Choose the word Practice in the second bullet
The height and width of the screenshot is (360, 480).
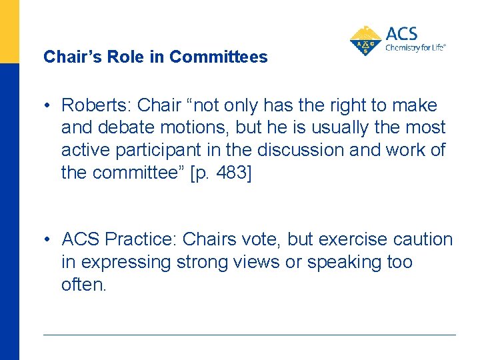(x=139, y=239)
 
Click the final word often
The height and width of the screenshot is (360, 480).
(x=83, y=285)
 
